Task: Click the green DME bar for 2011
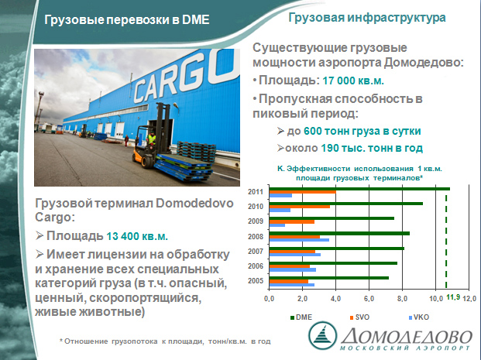[x=359, y=189]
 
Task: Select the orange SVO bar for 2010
[x=300, y=207]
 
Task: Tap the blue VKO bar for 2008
[x=299, y=240]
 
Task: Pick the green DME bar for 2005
[x=329, y=278]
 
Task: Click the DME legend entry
[x=301, y=317]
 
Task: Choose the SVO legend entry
[x=359, y=317]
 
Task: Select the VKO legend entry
[x=419, y=317]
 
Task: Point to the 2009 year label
[x=256, y=221]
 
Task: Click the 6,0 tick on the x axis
[x=369, y=298]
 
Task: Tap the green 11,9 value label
[x=453, y=297]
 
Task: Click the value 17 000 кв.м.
[x=353, y=81]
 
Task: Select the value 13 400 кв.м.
[x=137, y=236]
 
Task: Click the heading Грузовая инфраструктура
[x=367, y=18]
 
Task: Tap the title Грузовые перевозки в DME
[x=127, y=19]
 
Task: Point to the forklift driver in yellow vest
[x=151, y=139]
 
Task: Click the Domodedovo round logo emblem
[x=322, y=335]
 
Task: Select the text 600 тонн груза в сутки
[x=362, y=131]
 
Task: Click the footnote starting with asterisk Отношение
[x=165, y=341]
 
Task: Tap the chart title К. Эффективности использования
[x=359, y=173]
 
